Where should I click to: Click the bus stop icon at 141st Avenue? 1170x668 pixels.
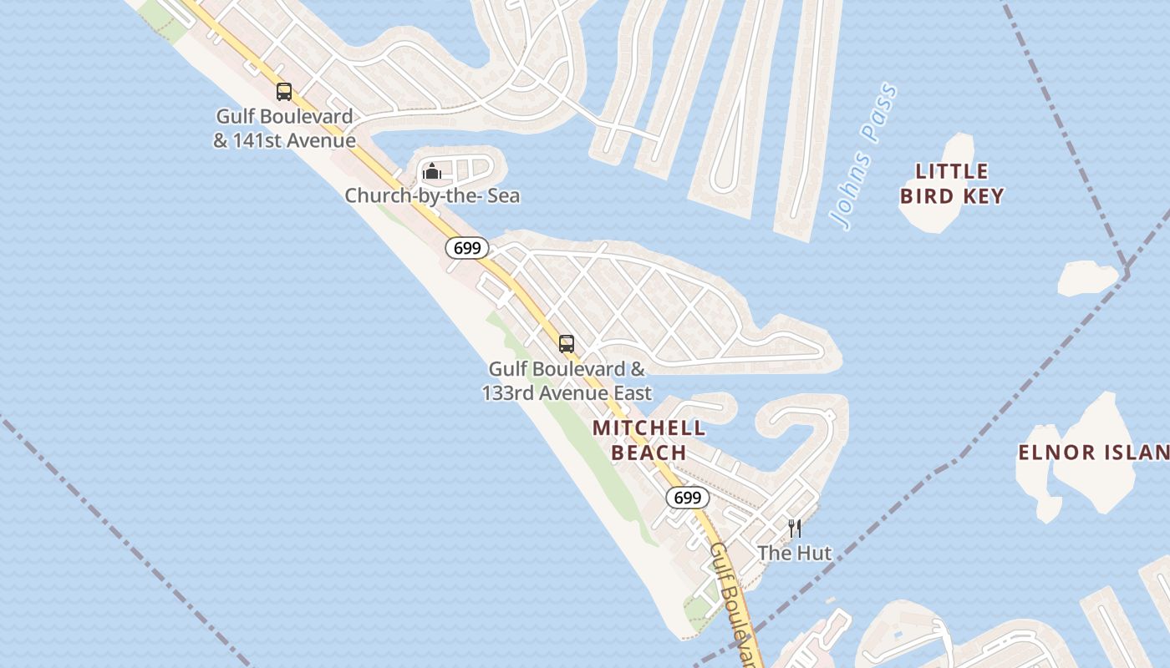(284, 92)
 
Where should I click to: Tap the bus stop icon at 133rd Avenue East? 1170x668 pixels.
(567, 343)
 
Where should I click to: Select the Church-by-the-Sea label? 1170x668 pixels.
(432, 195)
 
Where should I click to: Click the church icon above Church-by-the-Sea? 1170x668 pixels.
(432, 172)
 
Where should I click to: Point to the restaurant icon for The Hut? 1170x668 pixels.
(795, 528)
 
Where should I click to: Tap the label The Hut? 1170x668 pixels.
(795, 553)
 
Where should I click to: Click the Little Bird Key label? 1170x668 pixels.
(952, 184)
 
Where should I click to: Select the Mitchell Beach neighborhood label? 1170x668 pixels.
(649, 440)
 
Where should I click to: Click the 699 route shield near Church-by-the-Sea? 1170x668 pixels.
(466, 248)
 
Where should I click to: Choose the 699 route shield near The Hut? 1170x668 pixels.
(687, 498)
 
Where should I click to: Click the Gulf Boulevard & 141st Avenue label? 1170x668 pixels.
(284, 128)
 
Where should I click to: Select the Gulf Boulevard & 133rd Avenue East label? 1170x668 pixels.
(567, 380)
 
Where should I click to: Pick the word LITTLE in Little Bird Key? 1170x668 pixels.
(952, 172)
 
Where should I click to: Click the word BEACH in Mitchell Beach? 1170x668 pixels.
(649, 453)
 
